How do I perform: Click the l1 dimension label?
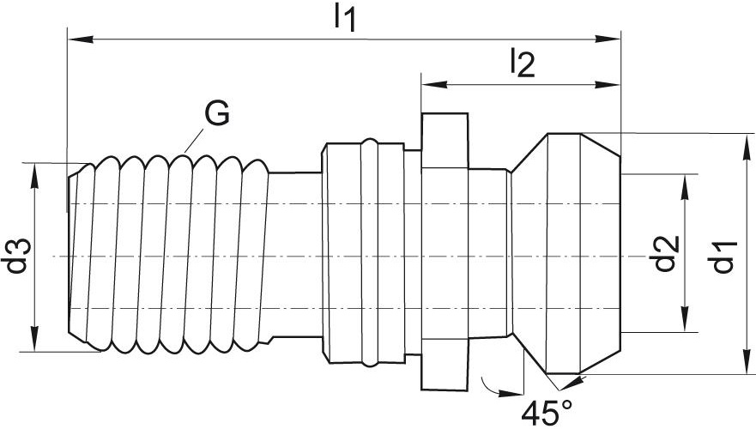[x=345, y=19]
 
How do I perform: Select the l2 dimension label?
[x=523, y=63]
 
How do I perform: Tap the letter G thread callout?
[x=217, y=114]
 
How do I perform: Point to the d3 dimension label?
[x=18, y=256]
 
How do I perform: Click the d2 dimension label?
[x=665, y=254]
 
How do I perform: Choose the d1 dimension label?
[x=723, y=257]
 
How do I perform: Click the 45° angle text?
[x=547, y=413]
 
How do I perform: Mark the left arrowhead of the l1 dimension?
[x=81, y=39]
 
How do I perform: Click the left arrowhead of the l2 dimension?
[x=434, y=84]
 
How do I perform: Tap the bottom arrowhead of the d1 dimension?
[x=747, y=360]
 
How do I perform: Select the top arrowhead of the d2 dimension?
[x=684, y=186]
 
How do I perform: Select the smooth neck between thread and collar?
[x=294, y=257]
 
